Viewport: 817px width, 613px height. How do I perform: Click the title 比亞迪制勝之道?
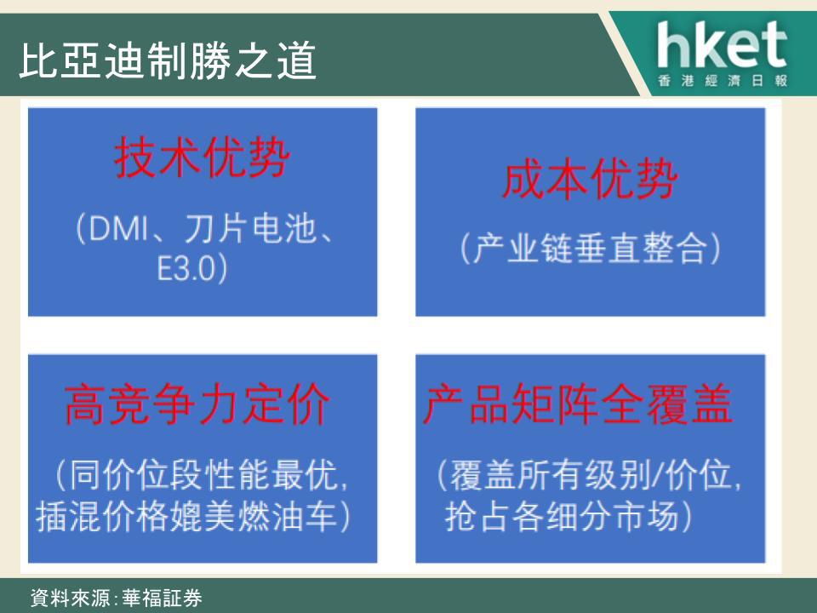click(x=168, y=60)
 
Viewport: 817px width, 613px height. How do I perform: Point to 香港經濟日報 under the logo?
click(x=723, y=81)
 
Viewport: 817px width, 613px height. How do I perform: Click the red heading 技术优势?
click(x=202, y=157)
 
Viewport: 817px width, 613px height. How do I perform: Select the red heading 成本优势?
click(x=590, y=180)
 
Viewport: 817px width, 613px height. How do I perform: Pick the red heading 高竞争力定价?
click(x=197, y=404)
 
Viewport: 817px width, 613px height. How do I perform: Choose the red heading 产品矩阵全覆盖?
click(x=578, y=404)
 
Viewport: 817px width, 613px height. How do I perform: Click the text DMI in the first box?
click(x=119, y=228)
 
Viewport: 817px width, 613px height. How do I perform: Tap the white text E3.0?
click(x=186, y=268)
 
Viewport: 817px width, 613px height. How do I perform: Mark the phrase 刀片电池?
click(x=250, y=228)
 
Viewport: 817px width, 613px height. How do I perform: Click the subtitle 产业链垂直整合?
click(x=590, y=248)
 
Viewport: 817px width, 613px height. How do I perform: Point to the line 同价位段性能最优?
click(x=203, y=475)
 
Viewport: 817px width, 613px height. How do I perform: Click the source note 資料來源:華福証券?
click(x=117, y=598)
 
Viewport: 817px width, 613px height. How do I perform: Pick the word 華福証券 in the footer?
click(x=162, y=598)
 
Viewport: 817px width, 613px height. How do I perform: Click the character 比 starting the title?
click(x=38, y=60)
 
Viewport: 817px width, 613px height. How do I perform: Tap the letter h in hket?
click(x=672, y=44)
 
